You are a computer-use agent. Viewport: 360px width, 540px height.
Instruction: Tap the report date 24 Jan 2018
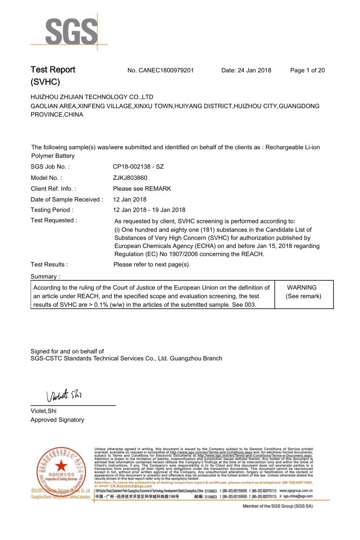click(x=246, y=70)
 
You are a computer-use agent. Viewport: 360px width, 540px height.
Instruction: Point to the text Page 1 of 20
click(x=307, y=70)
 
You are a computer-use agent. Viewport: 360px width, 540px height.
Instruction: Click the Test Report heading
click(x=53, y=70)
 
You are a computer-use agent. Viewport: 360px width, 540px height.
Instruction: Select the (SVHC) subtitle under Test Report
click(x=45, y=82)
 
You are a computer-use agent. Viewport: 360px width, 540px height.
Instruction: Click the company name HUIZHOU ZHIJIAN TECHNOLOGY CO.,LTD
click(x=92, y=97)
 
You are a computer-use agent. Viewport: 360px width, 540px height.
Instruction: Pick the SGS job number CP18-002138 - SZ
click(x=138, y=167)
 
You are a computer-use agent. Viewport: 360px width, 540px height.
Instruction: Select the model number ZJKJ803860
click(x=130, y=178)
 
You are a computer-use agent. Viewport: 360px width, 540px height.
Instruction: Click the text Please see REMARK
click(x=142, y=189)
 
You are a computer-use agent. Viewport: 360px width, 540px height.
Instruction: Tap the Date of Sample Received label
click(x=67, y=199)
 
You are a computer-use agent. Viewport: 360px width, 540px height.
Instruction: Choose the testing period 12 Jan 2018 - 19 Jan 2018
click(x=149, y=210)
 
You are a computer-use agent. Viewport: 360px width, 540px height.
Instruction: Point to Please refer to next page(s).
click(x=152, y=264)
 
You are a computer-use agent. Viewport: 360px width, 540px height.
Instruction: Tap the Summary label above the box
click(x=45, y=276)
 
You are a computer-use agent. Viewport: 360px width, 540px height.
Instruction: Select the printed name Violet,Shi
click(x=43, y=411)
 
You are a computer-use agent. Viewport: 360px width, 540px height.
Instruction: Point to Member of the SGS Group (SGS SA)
click(x=277, y=506)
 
